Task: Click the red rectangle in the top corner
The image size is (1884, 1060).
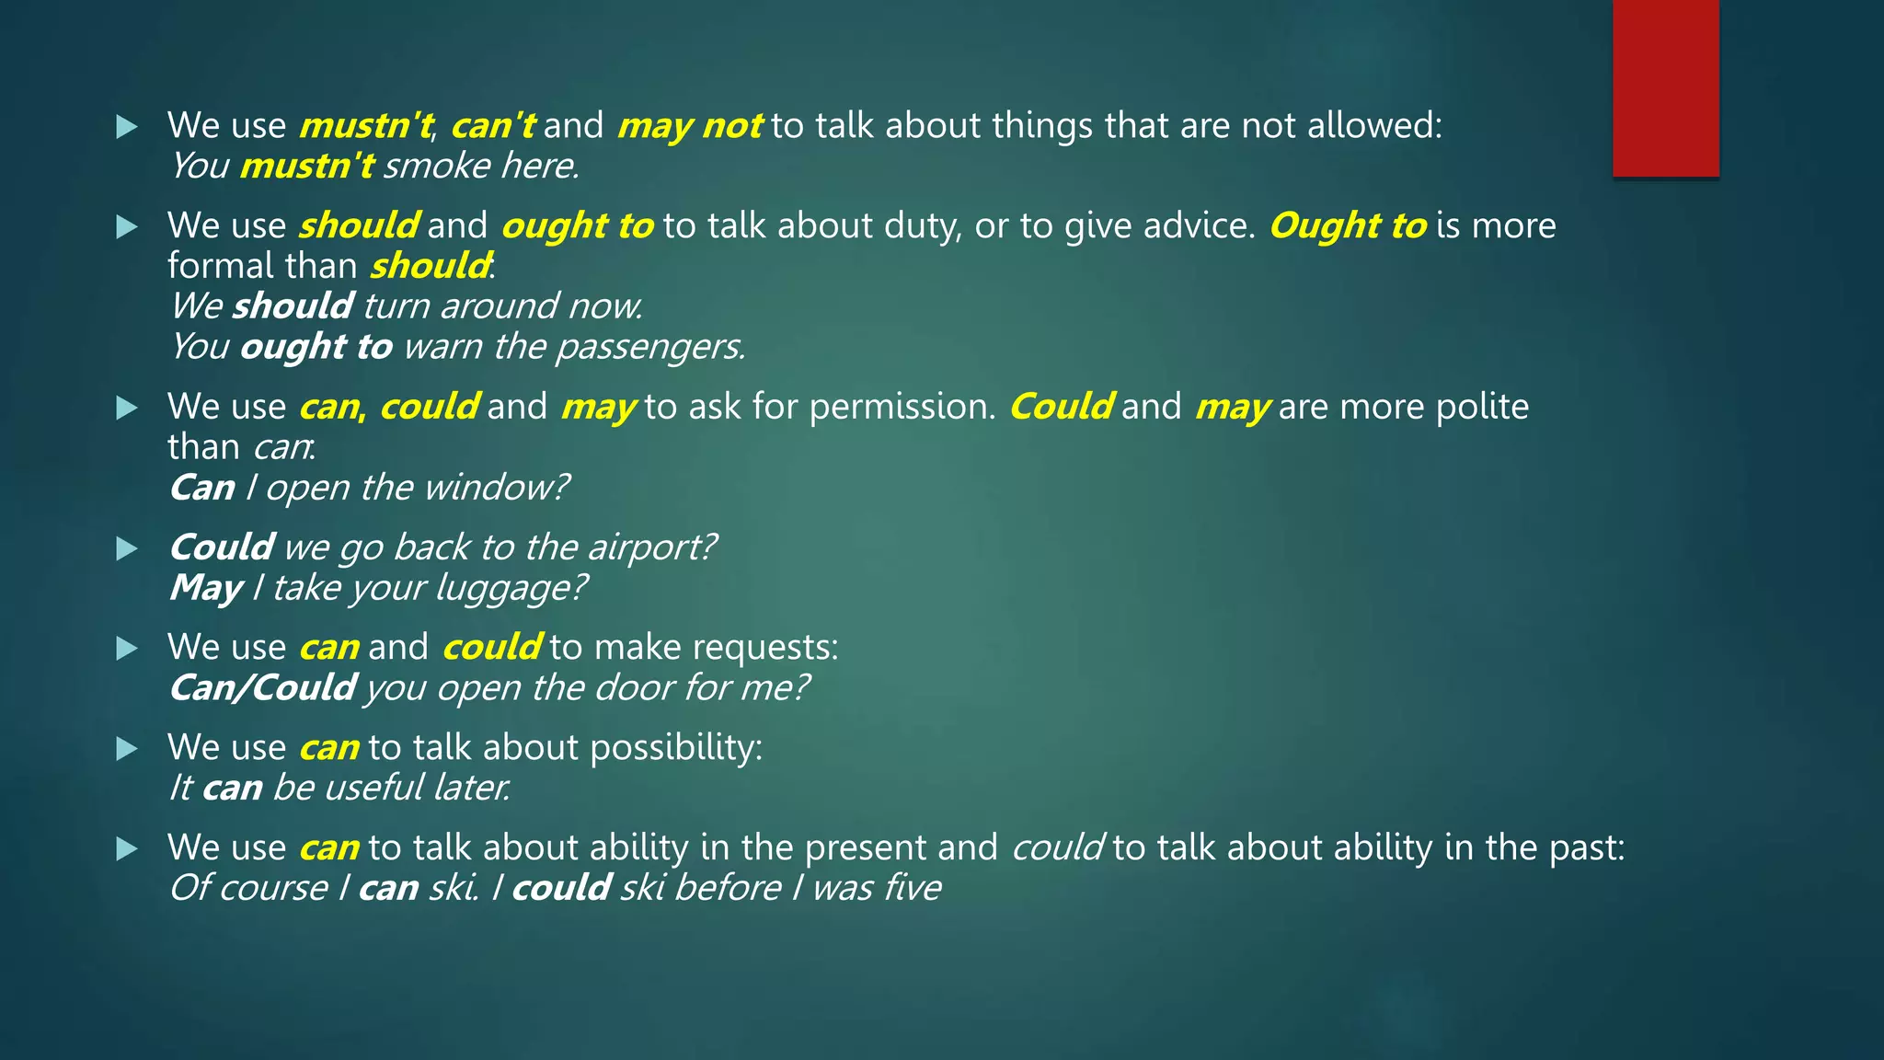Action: point(1665,87)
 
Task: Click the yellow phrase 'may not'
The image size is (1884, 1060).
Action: point(690,126)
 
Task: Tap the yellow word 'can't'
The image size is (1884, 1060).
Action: point(492,126)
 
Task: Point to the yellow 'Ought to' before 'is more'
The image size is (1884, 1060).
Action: point(1348,226)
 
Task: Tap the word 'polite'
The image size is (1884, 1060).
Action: point(1482,407)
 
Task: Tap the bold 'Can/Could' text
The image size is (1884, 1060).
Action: point(263,688)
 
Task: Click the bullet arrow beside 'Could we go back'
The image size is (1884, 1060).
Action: point(127,549)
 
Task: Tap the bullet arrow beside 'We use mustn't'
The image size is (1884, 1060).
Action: point(127,127)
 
